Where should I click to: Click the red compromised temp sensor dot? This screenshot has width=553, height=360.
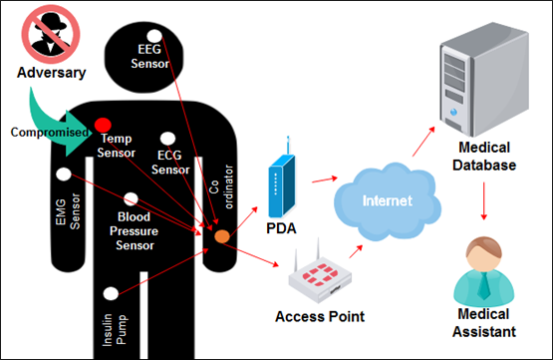coord(103,125)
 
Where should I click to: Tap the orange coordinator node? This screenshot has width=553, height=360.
coord(222,236)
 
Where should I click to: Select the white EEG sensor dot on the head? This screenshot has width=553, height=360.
coord(154,36)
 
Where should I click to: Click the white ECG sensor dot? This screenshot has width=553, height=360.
coord(167,139)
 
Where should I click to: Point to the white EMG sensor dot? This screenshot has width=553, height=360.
coord(64,174)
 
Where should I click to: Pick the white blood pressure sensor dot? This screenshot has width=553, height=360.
coord(131,199)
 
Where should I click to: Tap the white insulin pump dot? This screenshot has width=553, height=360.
coord(111,293)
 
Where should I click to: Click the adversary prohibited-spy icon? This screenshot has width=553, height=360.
coord(51,34)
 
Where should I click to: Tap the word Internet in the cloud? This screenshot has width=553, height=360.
coord(388,200)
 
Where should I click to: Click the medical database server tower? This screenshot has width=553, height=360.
coord(484,80)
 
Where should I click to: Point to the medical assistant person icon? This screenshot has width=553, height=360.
coord(484,271)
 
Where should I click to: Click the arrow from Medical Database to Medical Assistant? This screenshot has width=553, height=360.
coord(484,200)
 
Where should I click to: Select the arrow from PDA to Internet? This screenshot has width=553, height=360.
coord(325,180)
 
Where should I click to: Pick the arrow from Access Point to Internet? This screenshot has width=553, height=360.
coord(356,251)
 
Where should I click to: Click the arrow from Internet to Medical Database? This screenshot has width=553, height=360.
coord(423,142)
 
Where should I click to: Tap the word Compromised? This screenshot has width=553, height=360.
coord(50,133)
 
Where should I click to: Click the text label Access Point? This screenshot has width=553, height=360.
coord(320,316)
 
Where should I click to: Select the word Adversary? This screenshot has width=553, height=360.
coord(52,73)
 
